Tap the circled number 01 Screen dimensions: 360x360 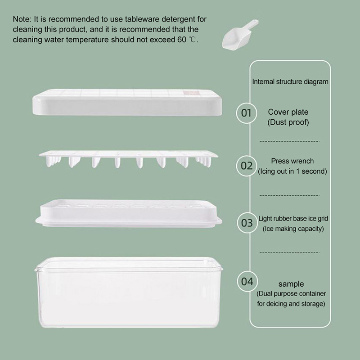point(247,113)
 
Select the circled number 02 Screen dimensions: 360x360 point(247,166)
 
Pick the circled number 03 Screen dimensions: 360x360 point(247,223)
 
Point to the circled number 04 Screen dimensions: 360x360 point(247,282)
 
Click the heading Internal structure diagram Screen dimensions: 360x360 point(290,82)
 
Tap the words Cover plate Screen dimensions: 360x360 point(288,112)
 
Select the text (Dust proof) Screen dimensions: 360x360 point(288,122)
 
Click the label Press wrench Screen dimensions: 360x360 point(292,161)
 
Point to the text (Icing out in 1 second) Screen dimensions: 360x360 point(292,171)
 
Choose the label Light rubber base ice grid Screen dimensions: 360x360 point(293,219)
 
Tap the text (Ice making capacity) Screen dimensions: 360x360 point(293,229)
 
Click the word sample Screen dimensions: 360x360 point(291,284)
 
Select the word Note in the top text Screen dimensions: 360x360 point(22,19)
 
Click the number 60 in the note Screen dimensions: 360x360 point(182,40)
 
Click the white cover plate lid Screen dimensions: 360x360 point(127,102)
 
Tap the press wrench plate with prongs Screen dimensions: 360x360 point(128,159)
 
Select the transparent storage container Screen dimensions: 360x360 point(129,292)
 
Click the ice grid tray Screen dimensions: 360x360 point(129,213)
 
